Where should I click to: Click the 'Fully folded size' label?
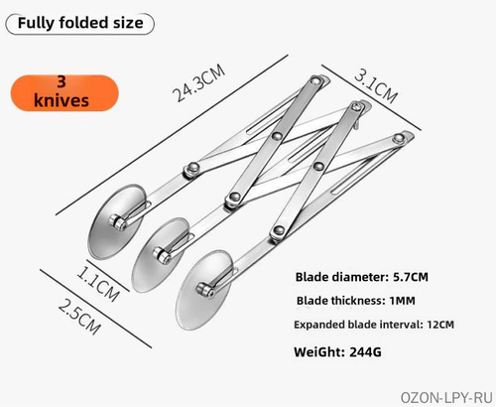(80, 24)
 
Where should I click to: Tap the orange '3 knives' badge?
(64, 92)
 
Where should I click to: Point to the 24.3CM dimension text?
(198, 82)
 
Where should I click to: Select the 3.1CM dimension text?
(376, 86)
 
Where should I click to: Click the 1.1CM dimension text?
(98, 284)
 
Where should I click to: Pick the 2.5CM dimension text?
(79, 317)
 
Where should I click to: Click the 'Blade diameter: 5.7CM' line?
(362, 277)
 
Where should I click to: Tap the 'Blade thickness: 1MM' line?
(356, 301)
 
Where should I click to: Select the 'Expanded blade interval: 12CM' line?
(374, 325)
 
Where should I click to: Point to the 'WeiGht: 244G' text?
(337, 351)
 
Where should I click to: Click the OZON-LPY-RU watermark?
(446, 397)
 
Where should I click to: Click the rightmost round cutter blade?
(202, 291)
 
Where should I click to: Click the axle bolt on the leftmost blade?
(118, 221)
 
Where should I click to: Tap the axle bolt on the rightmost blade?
(205, 290)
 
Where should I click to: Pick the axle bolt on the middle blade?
(162, 255)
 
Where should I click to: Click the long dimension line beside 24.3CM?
(172, 135)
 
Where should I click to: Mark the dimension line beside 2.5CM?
(96, 309)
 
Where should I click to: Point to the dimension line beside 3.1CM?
(371, 97)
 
